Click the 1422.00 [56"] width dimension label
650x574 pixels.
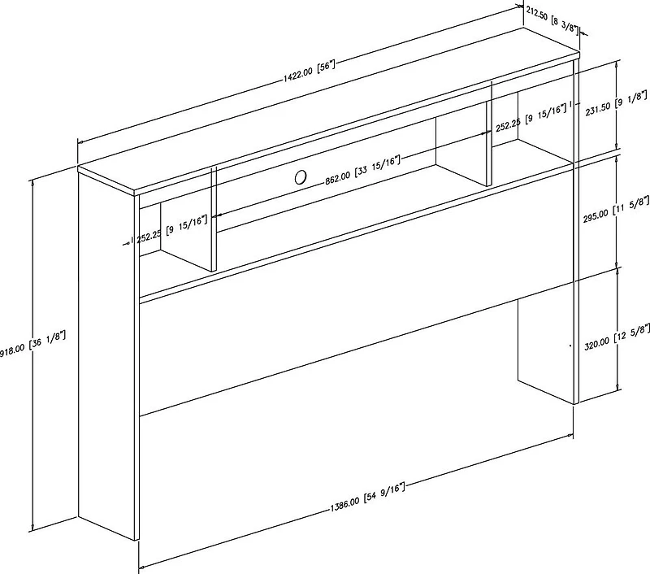(x=310, y=72)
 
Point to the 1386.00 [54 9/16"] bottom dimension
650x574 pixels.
(x=367, y=497)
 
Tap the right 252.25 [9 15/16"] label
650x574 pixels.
(x=531, y=118)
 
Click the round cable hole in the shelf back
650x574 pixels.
(x=301, y=176)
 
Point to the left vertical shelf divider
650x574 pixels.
(x=214, y=219)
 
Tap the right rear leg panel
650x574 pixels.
(x=545, y=343)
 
